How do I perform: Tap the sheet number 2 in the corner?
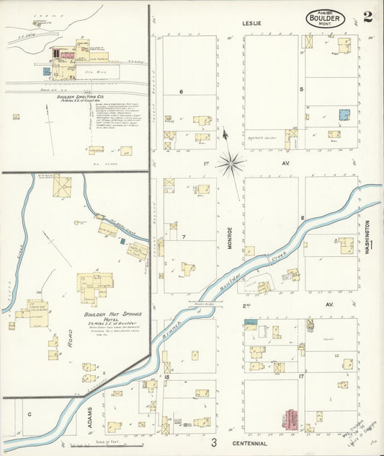(367, 17)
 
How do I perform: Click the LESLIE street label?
(252, 24)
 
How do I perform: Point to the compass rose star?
(230, 163)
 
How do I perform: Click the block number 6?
(182, 92)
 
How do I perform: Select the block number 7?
(184, 237)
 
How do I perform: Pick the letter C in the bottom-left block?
(30, 415)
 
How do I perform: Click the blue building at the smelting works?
(46, 71)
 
